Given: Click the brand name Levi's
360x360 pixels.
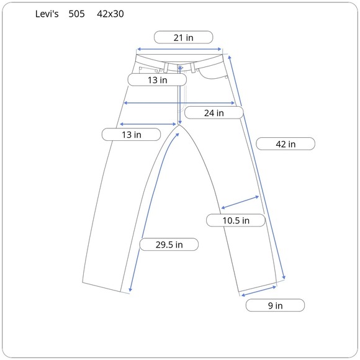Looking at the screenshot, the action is click(x=47, y=14).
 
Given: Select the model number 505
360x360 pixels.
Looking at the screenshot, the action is click(x=77, y=14).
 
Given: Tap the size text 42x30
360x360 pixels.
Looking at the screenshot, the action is click(x=110, y=14).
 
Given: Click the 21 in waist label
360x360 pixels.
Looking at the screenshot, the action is click(x=184, y=37).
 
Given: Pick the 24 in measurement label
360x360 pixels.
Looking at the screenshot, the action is click(x=214, y=113).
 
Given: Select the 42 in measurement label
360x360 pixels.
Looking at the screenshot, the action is click(x=286, y=144).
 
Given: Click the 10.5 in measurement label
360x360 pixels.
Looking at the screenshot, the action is click(x=236, y=220).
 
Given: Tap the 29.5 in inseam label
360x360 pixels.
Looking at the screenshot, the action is click(x=169, y=245).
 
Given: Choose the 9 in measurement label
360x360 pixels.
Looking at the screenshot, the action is click(x=275, y=305).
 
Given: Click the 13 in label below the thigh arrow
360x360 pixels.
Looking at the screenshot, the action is click(x=131, y=135).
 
